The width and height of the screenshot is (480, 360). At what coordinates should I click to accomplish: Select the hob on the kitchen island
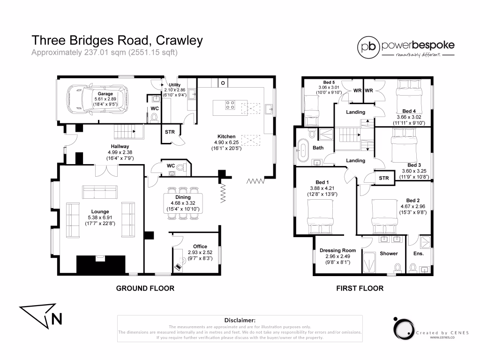coord(230,105)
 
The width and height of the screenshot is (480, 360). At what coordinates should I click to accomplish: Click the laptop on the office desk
coord(179,267)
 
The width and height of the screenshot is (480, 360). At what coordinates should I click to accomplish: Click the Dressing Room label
coord(338,250)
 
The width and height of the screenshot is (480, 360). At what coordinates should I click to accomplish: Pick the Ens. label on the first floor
coord(419,254)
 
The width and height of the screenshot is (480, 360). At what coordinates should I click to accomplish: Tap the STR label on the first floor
coord(384,178)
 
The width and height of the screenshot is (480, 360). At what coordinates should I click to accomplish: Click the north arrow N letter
coord(57,319)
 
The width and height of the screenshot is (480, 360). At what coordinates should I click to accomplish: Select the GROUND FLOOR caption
coord(145,288)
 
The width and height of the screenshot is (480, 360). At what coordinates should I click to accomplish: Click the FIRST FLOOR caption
coord(360,288)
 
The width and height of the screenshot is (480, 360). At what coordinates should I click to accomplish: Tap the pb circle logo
coord(368,47)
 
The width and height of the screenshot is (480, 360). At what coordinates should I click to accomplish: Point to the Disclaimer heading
coord(240,319)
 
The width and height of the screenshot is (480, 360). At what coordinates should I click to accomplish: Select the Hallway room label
coord(120,146)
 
